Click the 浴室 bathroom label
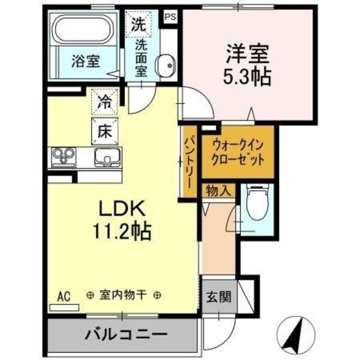point(85,60)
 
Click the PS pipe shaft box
point(170,16)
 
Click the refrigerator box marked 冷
point(105,101)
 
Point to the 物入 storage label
point(217,190)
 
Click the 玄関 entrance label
point(217,297)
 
